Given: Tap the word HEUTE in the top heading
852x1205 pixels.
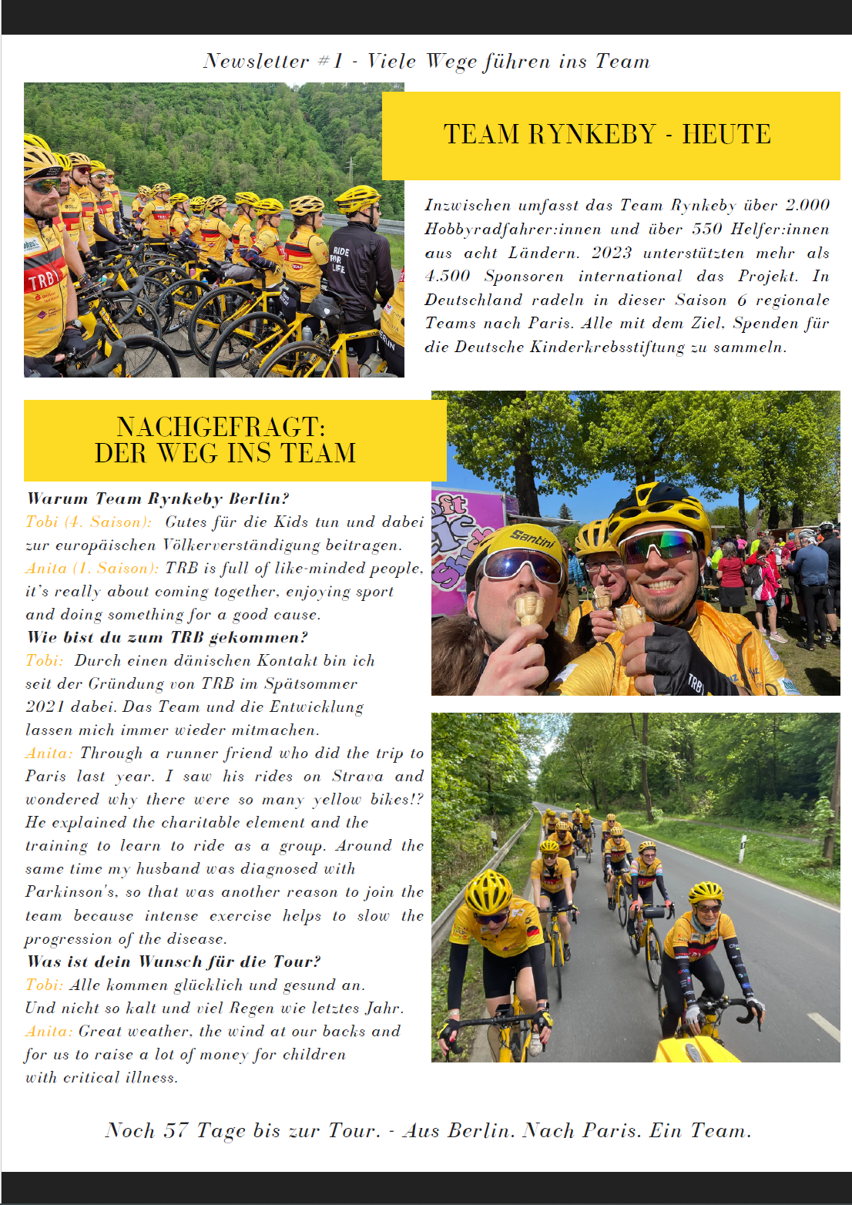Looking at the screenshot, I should [x=726, y=134].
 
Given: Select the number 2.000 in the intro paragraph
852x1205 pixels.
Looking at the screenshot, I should [x=807, y=205].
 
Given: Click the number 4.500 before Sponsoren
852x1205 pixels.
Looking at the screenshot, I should [x=447, y=276].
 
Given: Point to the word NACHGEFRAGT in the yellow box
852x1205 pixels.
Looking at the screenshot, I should [x=220, y=427].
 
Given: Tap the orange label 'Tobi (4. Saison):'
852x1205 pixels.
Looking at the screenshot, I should [x=89, y=522].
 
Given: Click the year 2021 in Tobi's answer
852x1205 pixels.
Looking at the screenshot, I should [x=45, y=707].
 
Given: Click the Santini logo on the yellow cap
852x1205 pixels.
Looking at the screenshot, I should [x=532, y=537].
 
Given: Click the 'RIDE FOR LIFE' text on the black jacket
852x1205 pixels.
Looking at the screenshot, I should [x=340, y=260].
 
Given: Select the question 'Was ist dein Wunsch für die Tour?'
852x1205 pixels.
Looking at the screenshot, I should [x=173, y=961].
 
